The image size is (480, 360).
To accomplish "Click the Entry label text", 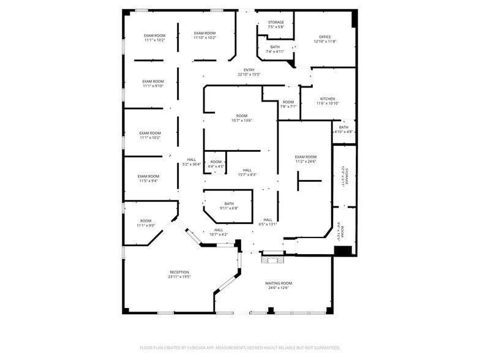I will (x=249, y=70).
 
